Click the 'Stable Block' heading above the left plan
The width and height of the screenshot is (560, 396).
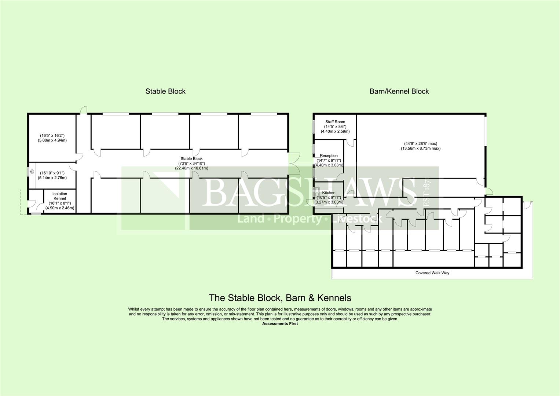165,91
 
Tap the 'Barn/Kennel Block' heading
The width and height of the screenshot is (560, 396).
399,91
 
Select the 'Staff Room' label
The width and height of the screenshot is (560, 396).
335,122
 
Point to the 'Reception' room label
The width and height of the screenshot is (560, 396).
329,156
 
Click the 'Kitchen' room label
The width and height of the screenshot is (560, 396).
329,193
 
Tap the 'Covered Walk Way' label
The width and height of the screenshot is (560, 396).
432,273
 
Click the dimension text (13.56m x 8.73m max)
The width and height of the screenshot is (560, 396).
420,148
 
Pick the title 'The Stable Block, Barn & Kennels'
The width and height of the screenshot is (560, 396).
280,298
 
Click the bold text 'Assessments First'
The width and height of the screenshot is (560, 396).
280,324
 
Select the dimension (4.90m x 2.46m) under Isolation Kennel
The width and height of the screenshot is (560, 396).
60,208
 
